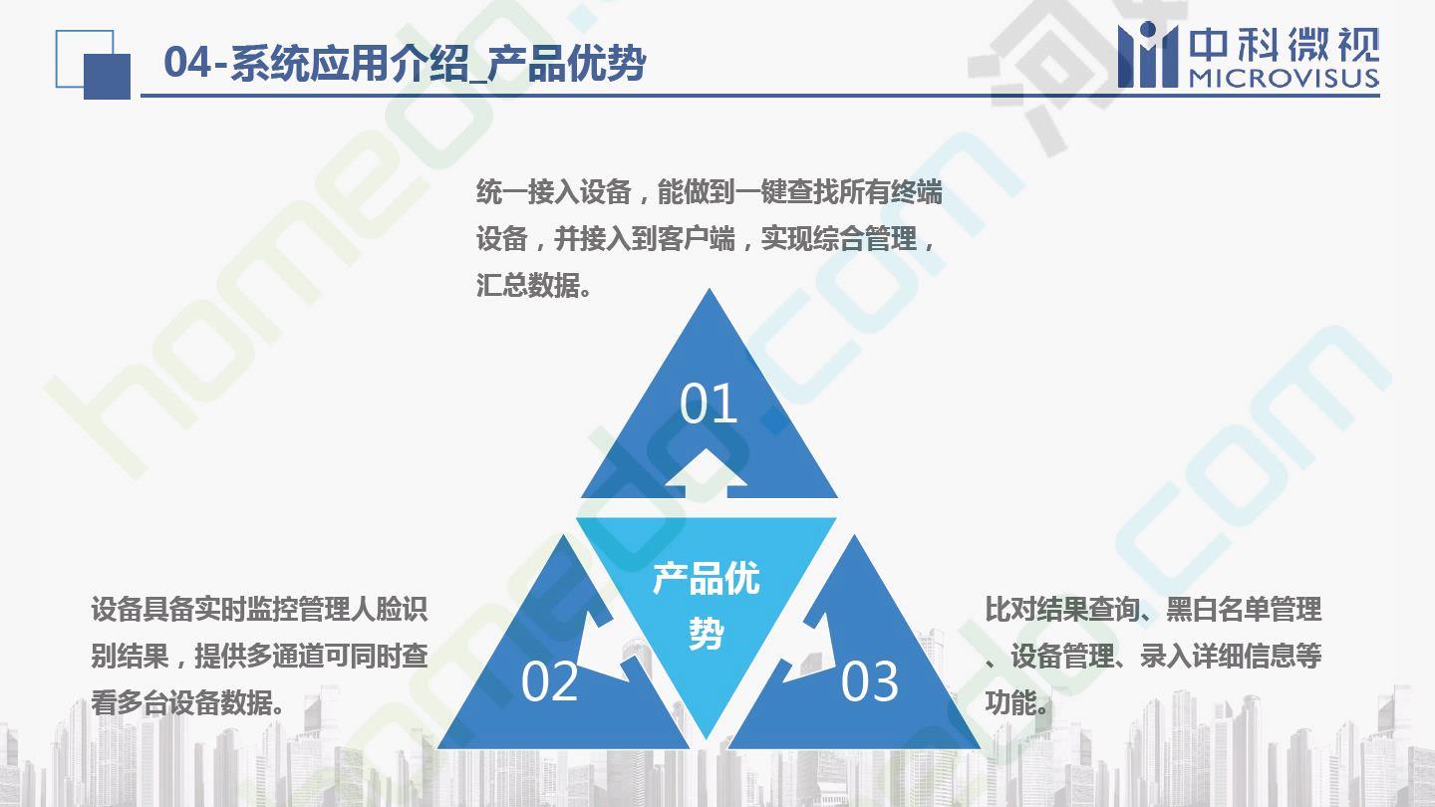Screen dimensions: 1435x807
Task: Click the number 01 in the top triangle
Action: point(709,403)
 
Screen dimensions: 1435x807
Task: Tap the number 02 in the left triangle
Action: point(550,681)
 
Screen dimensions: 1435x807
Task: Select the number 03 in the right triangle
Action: point(869,681)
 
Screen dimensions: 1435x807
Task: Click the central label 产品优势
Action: point(706,606)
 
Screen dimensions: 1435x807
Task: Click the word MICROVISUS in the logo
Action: point(1284,78)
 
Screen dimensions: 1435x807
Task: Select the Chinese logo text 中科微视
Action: point(1284,44)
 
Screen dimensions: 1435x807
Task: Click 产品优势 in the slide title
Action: point(566,63)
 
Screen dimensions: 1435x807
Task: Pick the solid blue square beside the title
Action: point(107,76)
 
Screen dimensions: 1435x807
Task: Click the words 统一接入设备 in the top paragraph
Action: point(554,191)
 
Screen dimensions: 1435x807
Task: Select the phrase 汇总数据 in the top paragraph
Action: point(527,285)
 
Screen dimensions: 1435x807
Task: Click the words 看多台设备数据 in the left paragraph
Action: point(180,702)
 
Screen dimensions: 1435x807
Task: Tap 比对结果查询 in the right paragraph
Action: point(1062,609)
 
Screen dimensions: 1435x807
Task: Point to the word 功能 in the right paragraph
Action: point(1010,702)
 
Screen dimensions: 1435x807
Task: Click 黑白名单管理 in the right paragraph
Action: point(1244,609)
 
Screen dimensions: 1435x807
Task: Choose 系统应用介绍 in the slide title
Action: point(349,63)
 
